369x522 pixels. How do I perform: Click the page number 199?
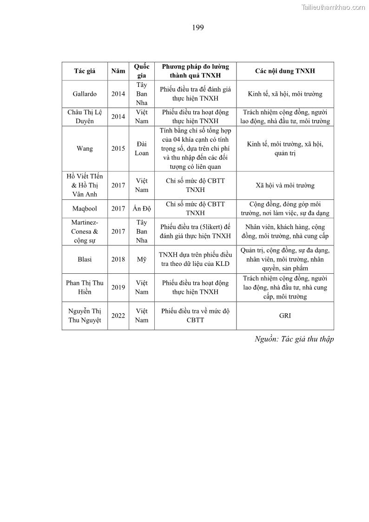(198, 27)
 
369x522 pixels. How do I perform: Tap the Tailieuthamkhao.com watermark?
(333, 7)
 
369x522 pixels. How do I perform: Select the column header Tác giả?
(85, 71)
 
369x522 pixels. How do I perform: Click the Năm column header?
(118, 71)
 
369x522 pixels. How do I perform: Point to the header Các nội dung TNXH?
(285, 71)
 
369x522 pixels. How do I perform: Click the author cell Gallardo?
(85, 94)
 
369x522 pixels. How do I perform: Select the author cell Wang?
(85, 149)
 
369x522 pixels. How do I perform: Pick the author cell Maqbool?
(85, 209)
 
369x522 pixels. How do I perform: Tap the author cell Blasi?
(85, 259)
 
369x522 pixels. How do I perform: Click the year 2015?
(118, 149)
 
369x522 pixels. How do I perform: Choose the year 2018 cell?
(118, 259)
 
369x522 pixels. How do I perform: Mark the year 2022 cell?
(118, 316)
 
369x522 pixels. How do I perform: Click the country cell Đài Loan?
(142, 149)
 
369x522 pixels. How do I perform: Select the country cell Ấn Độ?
(142, 209)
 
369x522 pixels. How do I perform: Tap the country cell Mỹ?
(142, 259)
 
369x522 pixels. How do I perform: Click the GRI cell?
(285, 316)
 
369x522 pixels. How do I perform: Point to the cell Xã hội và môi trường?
(285, 185)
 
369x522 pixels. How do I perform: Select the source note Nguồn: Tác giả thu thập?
(294, 339)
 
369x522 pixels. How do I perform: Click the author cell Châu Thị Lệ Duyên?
(85, 117)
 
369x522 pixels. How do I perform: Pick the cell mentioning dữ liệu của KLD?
(195, 259)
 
